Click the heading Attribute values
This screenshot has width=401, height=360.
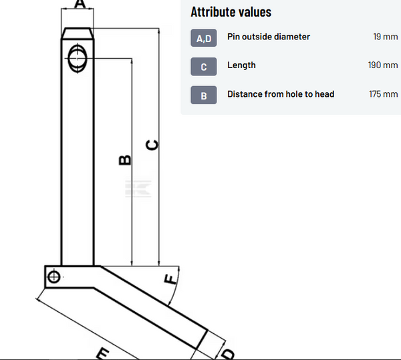click(x=231, y=12)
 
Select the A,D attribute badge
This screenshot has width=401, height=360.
click(x=204, y=38)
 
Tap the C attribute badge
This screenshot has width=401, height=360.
click(x=204, y=67)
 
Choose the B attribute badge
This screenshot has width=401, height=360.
click(x=204, y=96)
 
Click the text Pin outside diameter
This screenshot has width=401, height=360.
click(x=269, y=37)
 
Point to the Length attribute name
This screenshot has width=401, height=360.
click(x=241, y=65)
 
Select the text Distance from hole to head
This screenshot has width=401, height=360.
click(x=281, y=94)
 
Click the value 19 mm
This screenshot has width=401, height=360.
click(x=386, y=37)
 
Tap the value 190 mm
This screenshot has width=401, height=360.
click(x=383, y=65)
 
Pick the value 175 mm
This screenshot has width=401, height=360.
click(x=383, y=94)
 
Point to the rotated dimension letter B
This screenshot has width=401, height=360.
click(x=124, y=160)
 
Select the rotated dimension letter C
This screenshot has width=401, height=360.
click(x=152, y=145)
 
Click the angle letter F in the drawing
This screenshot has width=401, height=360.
click(x=171, y=279)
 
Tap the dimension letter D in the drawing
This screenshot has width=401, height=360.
click(x=227, y=353)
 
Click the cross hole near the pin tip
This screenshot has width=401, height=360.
click(x=78, y=57)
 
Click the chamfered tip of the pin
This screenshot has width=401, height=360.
click(x=78, y=33)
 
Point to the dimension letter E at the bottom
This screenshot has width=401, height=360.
click(x=102, y=353)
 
